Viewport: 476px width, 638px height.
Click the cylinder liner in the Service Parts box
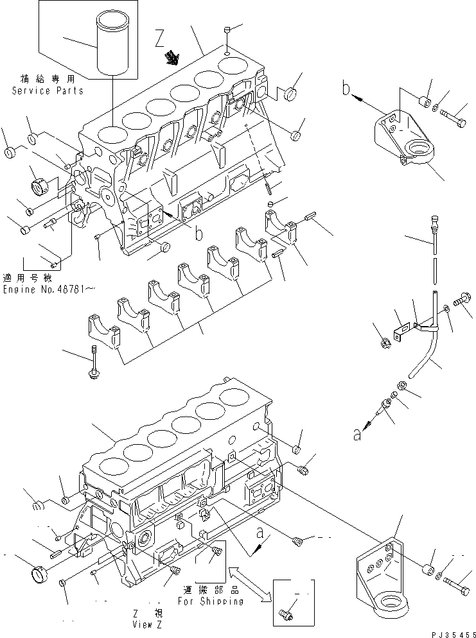111,46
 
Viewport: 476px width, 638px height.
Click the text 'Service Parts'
48,91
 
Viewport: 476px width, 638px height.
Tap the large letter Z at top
161,40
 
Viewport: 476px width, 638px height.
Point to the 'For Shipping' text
211,601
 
